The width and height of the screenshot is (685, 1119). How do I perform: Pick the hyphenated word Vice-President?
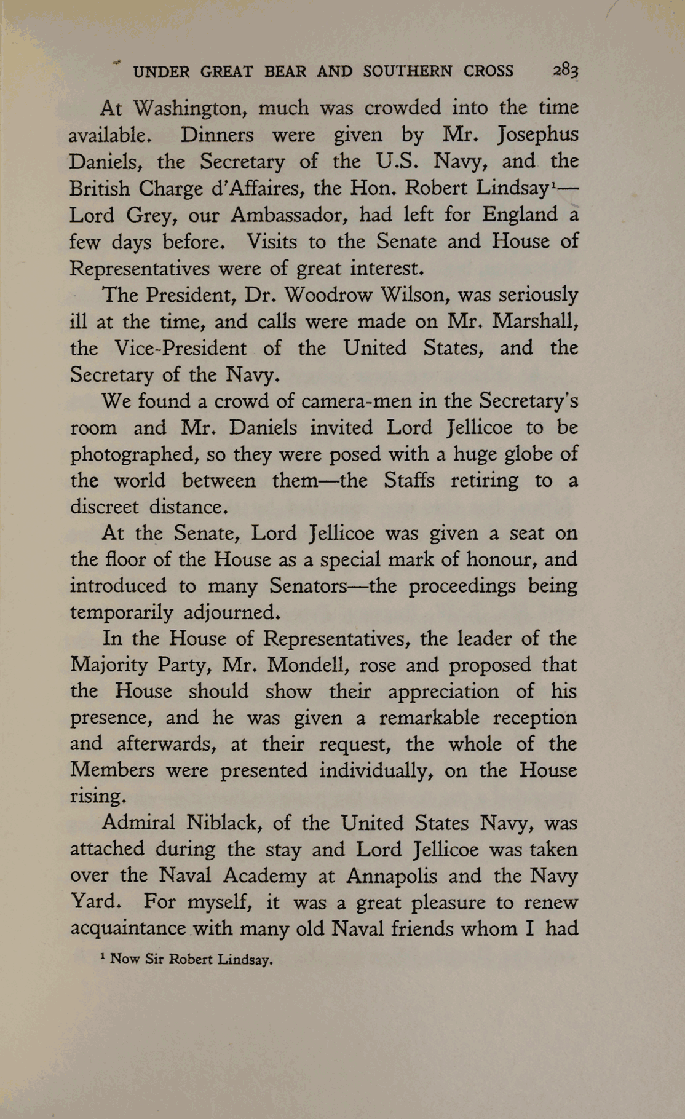(x=181, y=348)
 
